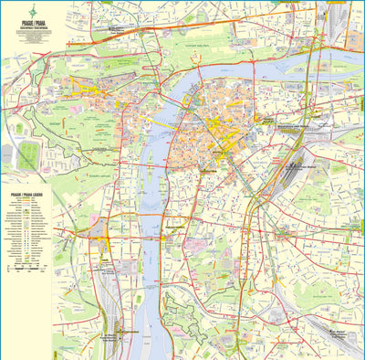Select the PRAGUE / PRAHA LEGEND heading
pos(26,196)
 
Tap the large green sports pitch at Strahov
pos(28,156)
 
